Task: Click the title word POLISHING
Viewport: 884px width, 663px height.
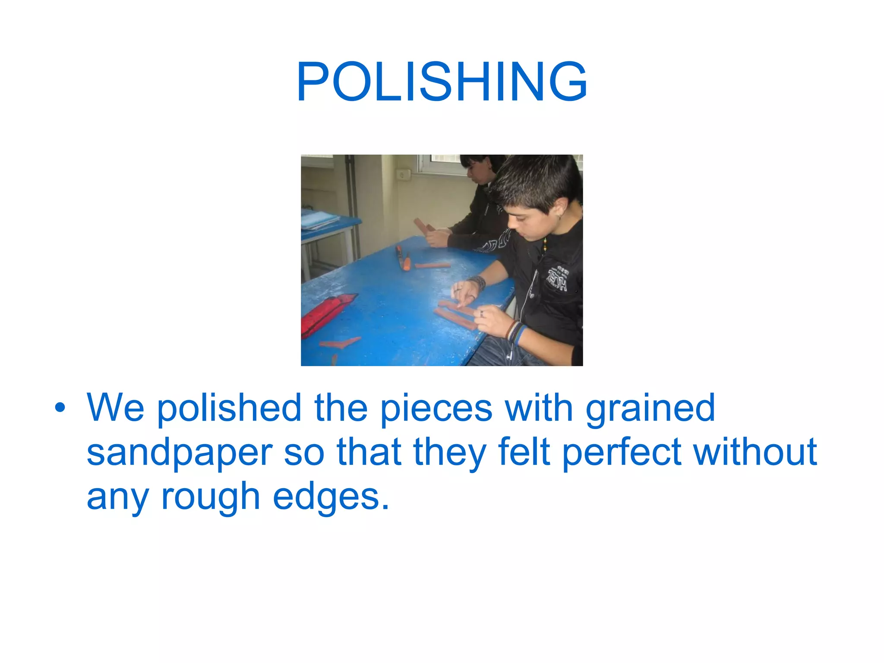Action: coord(442,82)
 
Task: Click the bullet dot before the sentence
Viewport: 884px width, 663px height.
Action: coord(60,407)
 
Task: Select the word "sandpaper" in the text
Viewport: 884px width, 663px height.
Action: coord(180,453)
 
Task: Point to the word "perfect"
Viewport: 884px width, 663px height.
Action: coord(622,453)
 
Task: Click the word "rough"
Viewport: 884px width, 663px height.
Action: coord(210,498)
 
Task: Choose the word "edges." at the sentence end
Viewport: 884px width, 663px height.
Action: coord(331,498)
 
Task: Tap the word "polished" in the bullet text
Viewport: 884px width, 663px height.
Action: coord(229,408)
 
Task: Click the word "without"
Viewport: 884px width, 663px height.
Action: coord(755,452)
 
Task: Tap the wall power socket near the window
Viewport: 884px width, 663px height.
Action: coord(404,175)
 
